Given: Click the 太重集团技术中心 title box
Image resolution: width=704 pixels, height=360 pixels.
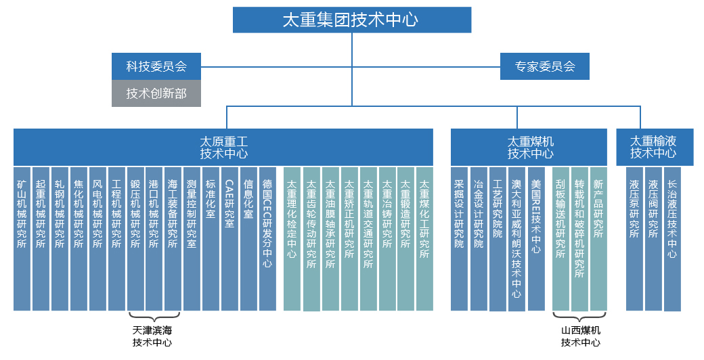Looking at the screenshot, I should tap(351, 20).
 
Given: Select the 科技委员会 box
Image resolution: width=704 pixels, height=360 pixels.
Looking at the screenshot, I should tap(156, 66).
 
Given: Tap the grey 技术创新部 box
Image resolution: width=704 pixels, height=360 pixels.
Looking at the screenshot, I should tap(156, 93).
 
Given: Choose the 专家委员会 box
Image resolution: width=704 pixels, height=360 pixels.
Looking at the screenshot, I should tap(545, 66).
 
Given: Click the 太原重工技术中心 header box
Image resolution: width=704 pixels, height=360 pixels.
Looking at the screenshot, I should tap(223, 147).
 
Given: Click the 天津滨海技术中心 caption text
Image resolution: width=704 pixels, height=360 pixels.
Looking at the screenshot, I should tap(152, 336).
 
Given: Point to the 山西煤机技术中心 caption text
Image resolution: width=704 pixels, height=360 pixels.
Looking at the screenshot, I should tap(581, 336).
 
